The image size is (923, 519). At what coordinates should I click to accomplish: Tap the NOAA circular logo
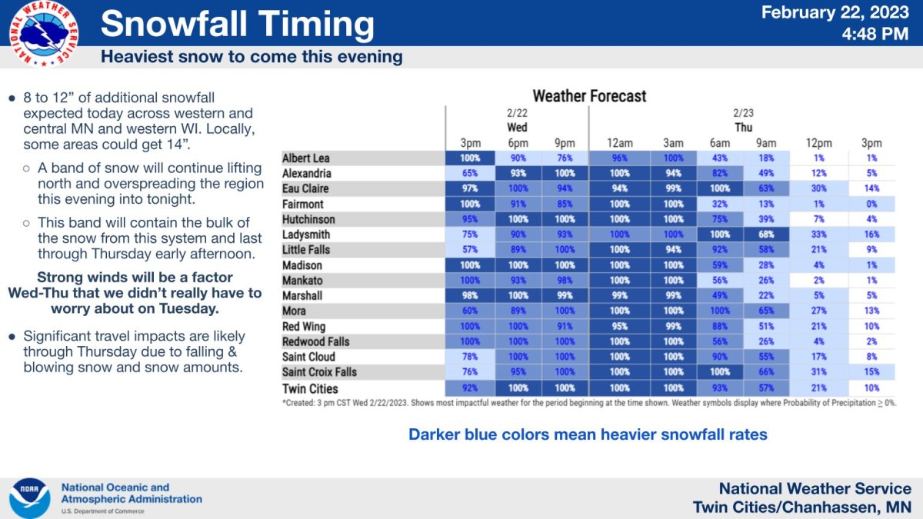click(29, 498)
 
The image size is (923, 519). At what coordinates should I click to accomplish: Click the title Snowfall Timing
click(237, 25)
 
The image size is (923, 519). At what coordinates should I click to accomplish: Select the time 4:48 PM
click(877, 34)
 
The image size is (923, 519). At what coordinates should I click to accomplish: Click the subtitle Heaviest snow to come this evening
click(252, 57)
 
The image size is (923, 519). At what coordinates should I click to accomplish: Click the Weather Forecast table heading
click(589, 96)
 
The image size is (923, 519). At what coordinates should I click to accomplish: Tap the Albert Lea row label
click(305, 158)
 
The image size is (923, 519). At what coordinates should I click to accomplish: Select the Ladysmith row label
click(308, 235)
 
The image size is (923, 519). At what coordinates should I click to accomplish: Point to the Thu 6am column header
click(721, 143)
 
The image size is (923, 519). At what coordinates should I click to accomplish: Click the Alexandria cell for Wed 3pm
click(469, 174)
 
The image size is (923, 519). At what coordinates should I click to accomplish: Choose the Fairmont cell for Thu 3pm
click(871, 205)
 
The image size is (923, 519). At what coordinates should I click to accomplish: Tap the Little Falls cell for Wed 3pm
click(469, 250)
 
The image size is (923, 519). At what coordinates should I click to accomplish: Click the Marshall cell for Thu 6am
click(721, 296)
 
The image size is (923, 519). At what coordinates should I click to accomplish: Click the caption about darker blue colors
click(588, 434)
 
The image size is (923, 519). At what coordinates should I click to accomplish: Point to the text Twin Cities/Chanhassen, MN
click(801, 507)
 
